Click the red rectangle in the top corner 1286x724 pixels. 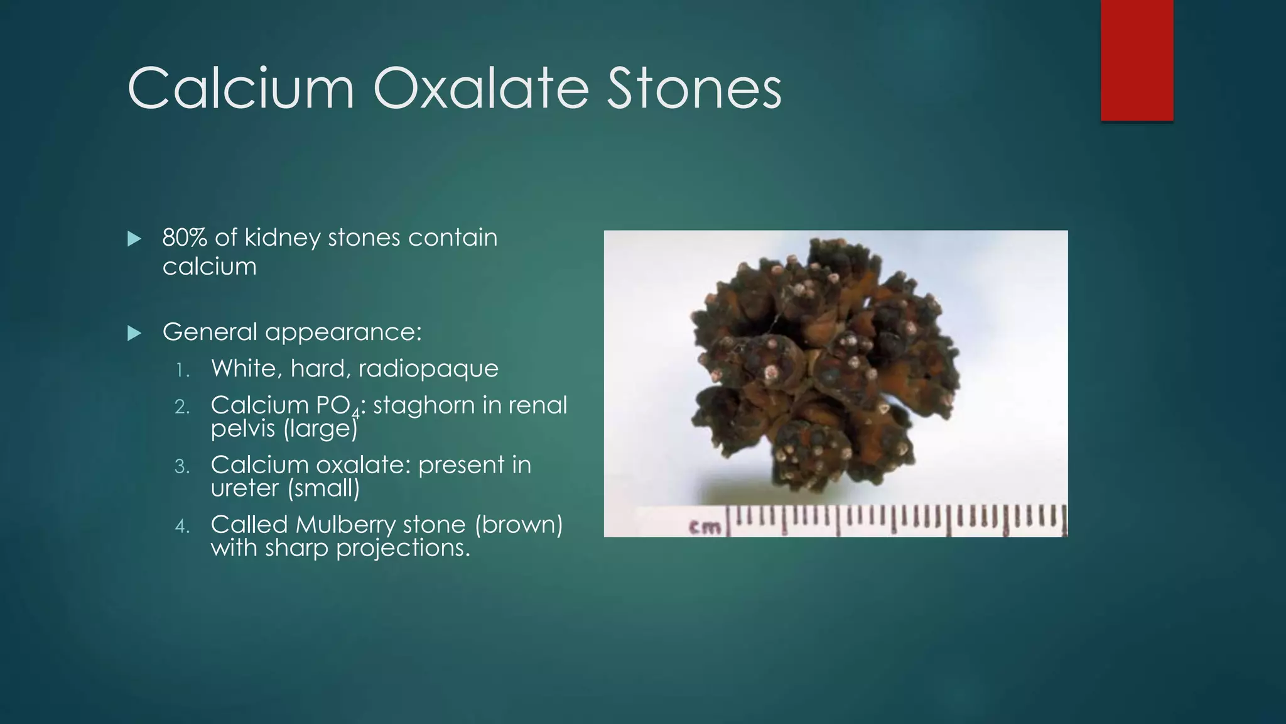pyautogui.click(x=1137, y=60)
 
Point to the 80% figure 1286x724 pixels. pyautogui.click(x=185, y=238)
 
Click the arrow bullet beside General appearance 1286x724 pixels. pyautogui.click(x=134, y=333)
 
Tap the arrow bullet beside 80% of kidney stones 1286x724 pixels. pyautogui.click(x=134, y=239)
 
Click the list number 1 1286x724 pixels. pyautogui.click(x=182, y=370)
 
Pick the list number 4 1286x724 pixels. pyautogui.click(x=182, y=526)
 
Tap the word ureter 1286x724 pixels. pyautogui.click(x=244, y=488)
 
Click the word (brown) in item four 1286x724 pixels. pyautogui.click(x=519, y=525)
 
